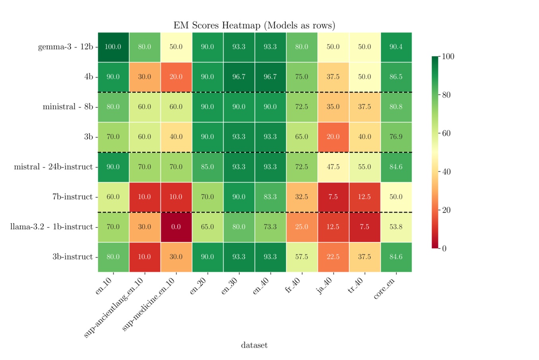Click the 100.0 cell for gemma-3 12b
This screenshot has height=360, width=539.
click(x=113, y=47)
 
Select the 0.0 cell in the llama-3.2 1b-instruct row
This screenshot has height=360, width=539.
click(x=176, y=227)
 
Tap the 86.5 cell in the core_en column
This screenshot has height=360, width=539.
click(x=396, y=77)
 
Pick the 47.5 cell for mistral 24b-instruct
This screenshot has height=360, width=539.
click(x=333, y=167)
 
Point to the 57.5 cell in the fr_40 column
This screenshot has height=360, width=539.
click(x=302, y=257)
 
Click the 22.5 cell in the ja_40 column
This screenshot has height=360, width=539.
click(x=333, y=257)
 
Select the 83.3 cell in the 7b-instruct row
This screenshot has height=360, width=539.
click(x=270, y=197)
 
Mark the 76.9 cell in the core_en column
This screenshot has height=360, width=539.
click(x=396, y=136)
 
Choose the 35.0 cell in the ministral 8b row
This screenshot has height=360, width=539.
click(x=333, y=107)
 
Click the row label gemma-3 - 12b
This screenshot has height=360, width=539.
click(x=65, y=47)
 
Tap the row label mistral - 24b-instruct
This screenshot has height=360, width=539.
click(x=53, y=167)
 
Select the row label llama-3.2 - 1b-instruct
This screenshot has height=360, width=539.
click(x=51, y=227)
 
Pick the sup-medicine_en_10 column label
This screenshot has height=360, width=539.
click(x=149, y=305)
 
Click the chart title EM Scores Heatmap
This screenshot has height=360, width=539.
click(x=254, y=25)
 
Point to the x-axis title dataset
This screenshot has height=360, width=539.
click(x=254, y=345)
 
